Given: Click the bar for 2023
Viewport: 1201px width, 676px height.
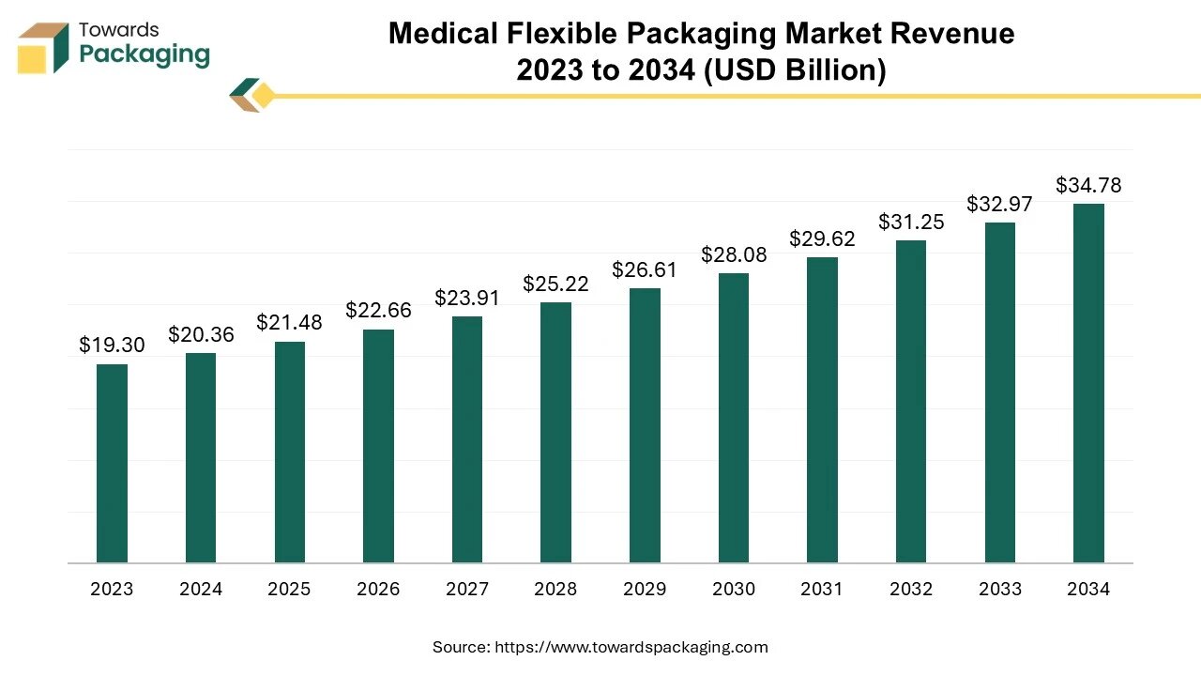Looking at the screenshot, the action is coord(112,464).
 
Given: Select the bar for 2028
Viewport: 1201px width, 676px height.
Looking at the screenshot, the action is coord(556,433).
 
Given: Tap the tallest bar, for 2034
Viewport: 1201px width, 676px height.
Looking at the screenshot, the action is coord(1088,383).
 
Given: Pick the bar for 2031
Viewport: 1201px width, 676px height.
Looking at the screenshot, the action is coord(823,410).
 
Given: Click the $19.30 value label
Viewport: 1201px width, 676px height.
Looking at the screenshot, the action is coord(112,345).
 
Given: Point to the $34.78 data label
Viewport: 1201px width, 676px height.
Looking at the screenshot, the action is coord(1088,185).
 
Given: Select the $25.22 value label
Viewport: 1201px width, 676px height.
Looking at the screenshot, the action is coord(556,284).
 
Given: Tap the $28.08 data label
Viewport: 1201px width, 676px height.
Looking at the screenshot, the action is coord(734,254).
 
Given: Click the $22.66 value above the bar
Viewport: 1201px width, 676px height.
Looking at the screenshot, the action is coord(378,310).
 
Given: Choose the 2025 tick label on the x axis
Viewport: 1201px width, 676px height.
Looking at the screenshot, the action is coord(290,589).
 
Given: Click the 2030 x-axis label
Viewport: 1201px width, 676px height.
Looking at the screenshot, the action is coord(734,589).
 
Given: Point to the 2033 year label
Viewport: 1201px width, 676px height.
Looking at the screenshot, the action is coord(1000,589).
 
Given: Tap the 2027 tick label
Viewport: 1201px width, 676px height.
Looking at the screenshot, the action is coord(467,589).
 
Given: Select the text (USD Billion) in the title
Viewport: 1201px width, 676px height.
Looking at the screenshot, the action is coord(795,70).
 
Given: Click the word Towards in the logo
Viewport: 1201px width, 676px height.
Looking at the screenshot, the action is coord(119,30).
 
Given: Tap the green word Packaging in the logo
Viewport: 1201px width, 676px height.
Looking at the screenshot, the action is coord(144,54).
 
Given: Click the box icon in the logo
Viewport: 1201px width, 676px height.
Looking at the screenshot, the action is coord(43,48).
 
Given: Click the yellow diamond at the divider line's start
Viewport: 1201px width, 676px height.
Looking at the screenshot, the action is coord(263,96).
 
